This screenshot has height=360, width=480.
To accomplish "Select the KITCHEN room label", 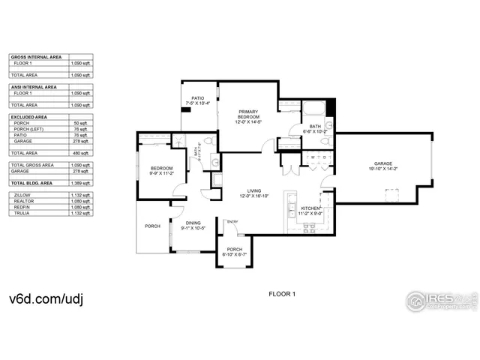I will [310, 208].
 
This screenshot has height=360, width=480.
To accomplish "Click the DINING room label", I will [193, 223].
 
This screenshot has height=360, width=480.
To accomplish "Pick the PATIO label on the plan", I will [198, 98].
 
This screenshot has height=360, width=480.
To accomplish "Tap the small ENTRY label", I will [232, 221].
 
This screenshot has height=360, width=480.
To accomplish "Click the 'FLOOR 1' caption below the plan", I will [282, 294].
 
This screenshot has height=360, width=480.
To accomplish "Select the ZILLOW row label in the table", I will [22, 194].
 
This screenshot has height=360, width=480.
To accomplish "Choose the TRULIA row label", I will [22, 213].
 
